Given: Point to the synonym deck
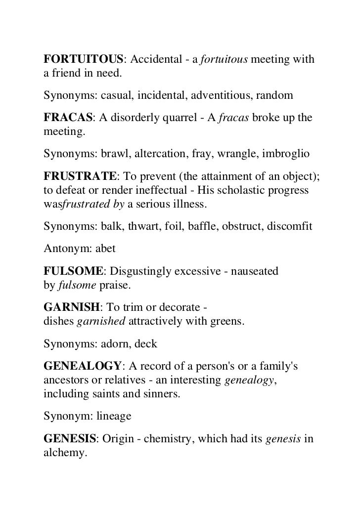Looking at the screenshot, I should [x=157, y=345].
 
